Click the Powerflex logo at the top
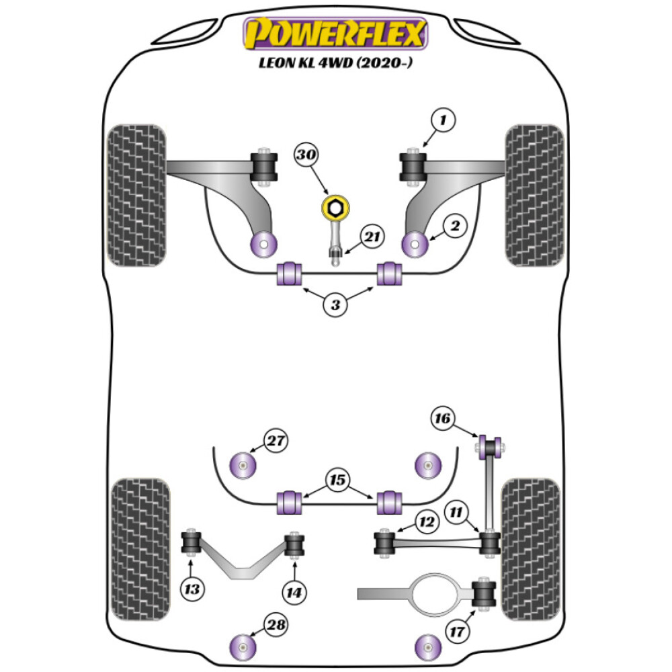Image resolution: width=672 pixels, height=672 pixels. coord(335,34)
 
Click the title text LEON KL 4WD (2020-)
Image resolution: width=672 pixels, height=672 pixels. coord(335,67)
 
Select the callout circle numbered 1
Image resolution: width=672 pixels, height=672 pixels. coord(444,121)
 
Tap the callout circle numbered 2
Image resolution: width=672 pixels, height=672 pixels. coord(456,227)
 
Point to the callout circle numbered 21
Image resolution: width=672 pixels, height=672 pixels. coord(372,237)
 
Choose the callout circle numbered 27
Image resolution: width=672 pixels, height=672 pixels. coord(275,442)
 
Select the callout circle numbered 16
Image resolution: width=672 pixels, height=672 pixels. coord(442,419)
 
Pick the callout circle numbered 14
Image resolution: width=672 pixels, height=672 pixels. coord(294,592)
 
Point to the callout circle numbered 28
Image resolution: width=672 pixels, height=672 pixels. coord(275,626)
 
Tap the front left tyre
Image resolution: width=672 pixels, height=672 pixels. coord(136,195)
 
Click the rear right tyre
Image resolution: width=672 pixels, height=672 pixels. coord(531,549)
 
